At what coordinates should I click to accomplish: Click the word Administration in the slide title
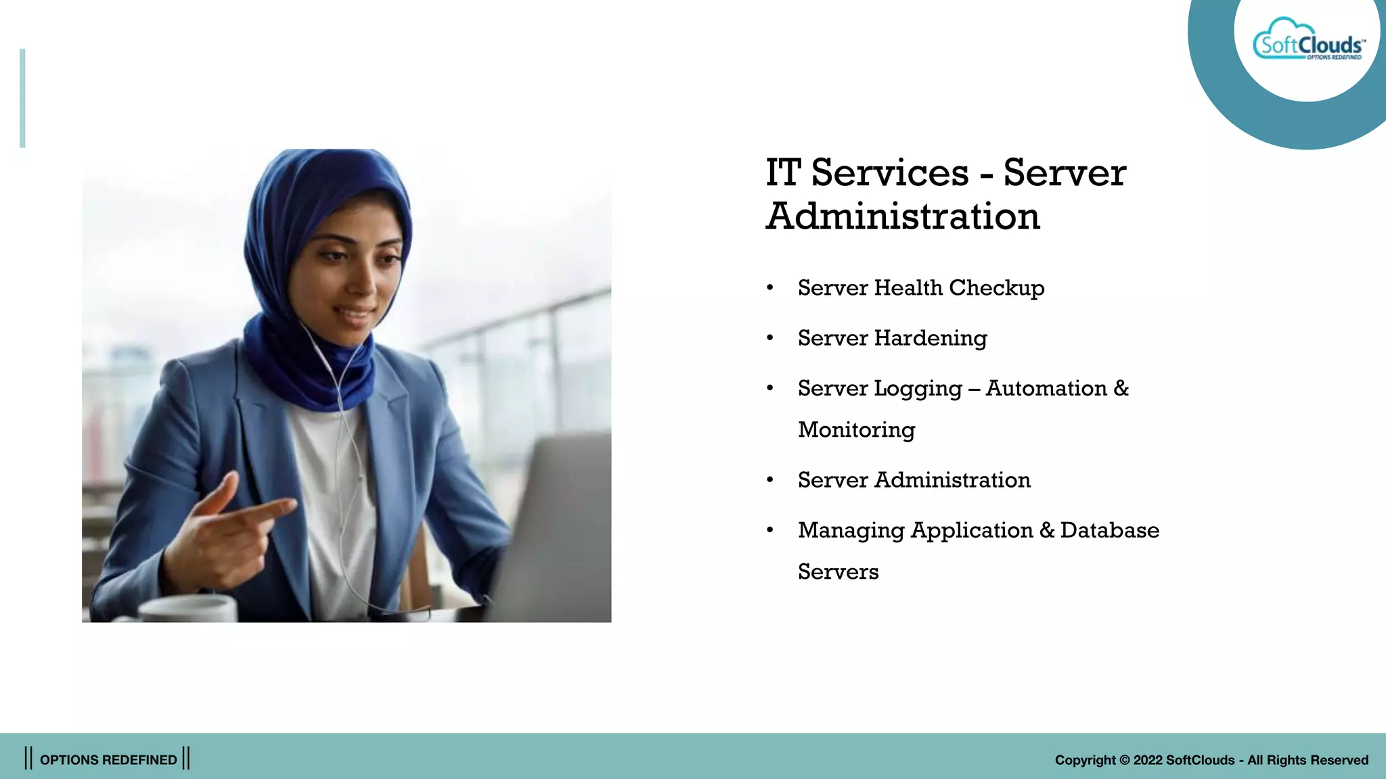click(x=903, y=217)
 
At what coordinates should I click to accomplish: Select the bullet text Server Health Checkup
click(x=920, y=288)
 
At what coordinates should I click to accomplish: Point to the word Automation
click(x=1046, y=388)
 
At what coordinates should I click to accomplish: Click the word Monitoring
click(x=856, y=430)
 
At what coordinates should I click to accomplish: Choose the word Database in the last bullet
click(x=1109, y=530)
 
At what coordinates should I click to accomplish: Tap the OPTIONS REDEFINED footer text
click(x=108, y=759)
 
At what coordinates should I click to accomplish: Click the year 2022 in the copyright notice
click(x=1148, y=760)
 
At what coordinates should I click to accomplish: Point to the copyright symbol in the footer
click(x=1124, y=760)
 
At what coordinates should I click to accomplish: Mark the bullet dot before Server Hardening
click(x=769, y=338)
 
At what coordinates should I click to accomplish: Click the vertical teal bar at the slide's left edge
click(x=22, y=98)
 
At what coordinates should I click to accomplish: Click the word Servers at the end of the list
click(x=838, y=572)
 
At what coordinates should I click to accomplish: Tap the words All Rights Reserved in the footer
click(x=1307, y=760)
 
